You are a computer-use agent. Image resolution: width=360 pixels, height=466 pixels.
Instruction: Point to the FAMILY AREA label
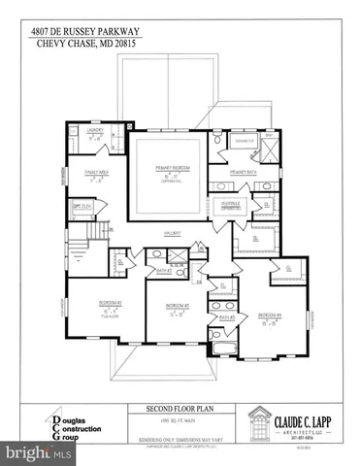(96, 171)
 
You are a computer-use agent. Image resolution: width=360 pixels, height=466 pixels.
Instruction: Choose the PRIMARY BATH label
(244, 172)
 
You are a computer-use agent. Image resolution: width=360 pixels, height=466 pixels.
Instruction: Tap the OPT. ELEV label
(83, 206)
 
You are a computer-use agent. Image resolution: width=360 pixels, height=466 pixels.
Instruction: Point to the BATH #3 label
(226, 318)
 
